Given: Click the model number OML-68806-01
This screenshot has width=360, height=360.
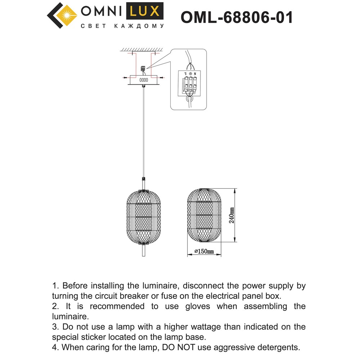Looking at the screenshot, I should coord(237,17).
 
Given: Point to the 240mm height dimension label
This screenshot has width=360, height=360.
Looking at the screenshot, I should coord(232,215).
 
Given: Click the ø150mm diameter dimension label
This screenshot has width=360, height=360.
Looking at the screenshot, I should coord(204,252).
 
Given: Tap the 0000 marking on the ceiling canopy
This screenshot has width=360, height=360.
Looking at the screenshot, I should coord(144,80).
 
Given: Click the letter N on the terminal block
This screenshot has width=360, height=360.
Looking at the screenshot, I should coord(195,74).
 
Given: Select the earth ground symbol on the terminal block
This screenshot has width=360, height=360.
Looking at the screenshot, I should coord(190,74).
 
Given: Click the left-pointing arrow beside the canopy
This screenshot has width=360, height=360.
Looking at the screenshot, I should coord(125,77).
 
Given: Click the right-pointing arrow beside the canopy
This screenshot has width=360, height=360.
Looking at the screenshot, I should coord(162,77).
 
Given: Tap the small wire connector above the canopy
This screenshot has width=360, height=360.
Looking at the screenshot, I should coord(144,68).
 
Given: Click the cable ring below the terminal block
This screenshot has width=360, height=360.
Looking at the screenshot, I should coord(189,98).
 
